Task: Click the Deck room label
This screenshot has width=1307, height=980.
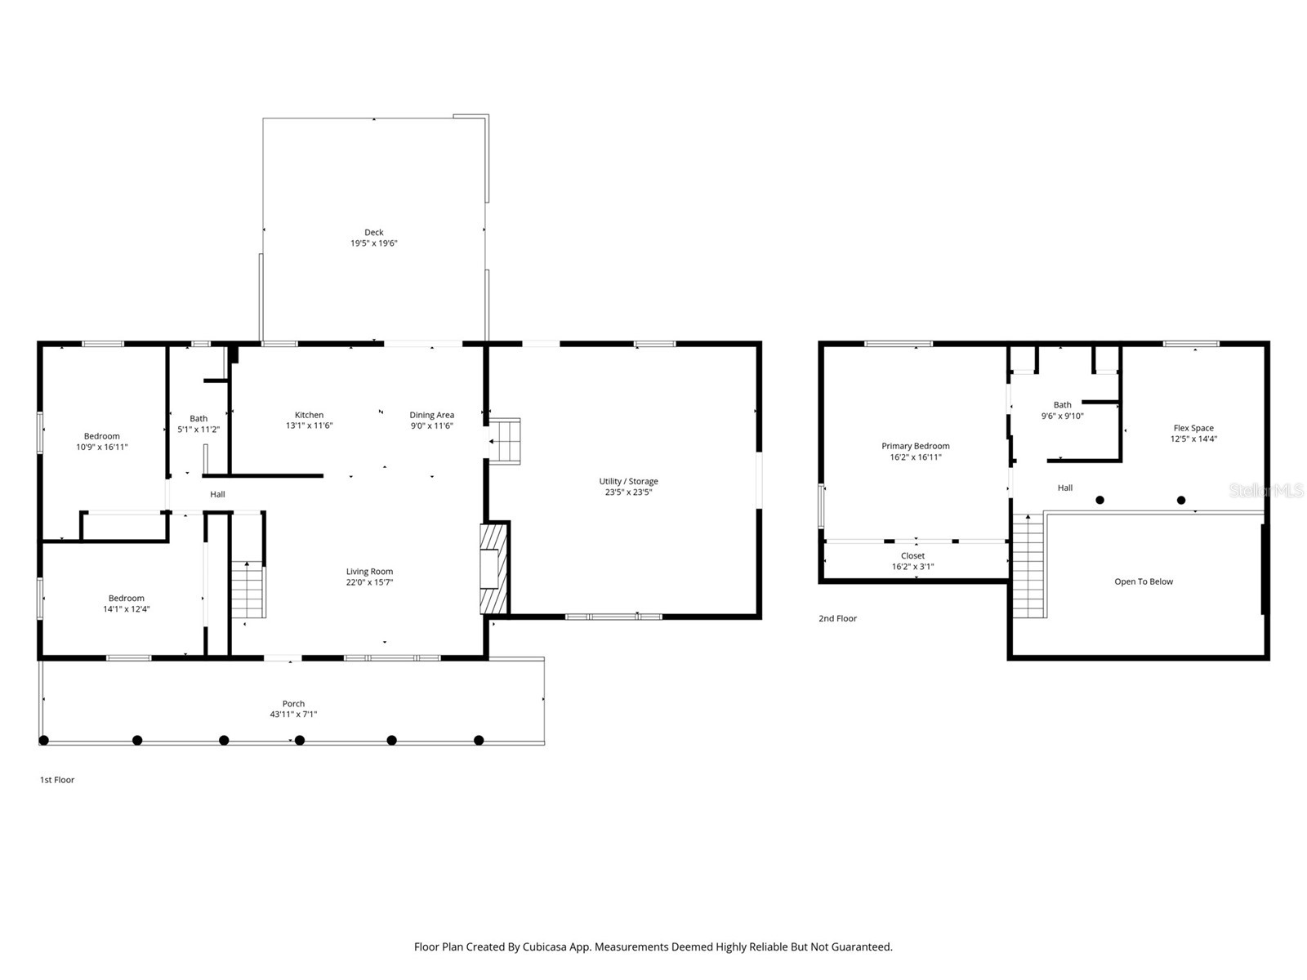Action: pos(373,233)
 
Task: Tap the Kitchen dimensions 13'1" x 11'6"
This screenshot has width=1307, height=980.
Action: pos(309,425)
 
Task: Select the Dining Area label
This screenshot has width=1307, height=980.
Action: pos(431,415)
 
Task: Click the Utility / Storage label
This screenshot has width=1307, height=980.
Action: pos(628,481)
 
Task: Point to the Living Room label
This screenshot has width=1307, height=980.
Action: pos(369,572)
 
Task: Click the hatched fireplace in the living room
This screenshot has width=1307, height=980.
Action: pos(493,569)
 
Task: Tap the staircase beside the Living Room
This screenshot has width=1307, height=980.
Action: pos(248,590)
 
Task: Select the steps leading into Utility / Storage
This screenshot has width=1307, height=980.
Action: pos(505,441)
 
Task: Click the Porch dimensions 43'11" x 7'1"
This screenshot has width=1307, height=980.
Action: pos(293,715)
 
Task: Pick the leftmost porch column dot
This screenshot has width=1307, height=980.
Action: pos(44,741)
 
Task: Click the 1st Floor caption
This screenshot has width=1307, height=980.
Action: pos(57,780)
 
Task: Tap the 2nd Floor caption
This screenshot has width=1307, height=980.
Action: pos(837,618)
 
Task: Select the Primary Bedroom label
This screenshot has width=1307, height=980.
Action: pos(915,446)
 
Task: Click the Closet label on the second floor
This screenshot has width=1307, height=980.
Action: pos(912,556)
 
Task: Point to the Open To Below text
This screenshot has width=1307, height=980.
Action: pos(1143,581)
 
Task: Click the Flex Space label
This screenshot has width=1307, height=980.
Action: pos(1193,428)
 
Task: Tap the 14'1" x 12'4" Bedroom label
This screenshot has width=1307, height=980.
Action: pos(126,598)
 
